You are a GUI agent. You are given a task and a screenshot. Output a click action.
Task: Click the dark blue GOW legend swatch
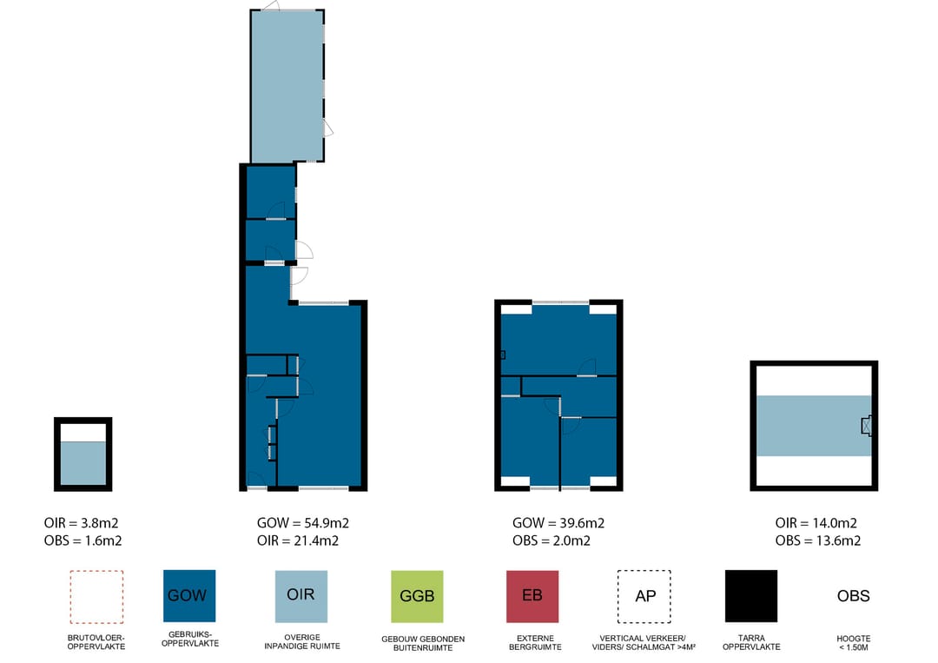pos(189,595)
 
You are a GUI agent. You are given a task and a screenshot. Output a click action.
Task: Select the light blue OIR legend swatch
pos(301,596)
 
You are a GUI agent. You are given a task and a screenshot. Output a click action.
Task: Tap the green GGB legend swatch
pos(417,596)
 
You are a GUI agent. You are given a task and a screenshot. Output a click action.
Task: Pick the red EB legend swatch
pos(532,596)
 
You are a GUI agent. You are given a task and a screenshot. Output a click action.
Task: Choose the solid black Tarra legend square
pos(751,596)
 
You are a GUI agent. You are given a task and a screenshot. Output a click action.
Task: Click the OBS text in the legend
pos(853,596)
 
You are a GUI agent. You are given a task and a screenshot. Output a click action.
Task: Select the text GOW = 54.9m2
pos(303,523)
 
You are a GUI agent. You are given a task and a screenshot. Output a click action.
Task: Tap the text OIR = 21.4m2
pos(298,541)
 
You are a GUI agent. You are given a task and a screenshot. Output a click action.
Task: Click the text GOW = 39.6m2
pos(558,523)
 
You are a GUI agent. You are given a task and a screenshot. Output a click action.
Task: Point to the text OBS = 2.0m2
pos(551,541)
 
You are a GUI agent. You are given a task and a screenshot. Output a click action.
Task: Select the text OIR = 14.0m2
pos(816,523)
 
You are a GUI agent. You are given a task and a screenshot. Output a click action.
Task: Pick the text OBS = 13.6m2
pos(818,541)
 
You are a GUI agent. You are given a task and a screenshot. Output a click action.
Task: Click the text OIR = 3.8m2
pos(81,523)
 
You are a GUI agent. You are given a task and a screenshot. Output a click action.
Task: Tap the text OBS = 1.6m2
pos(83,541)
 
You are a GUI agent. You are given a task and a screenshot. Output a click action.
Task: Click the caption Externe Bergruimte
pos(535,643)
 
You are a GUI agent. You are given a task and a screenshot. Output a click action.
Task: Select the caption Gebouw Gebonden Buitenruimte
pos(423,643)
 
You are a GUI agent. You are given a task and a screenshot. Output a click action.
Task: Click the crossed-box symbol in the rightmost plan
pos(866,426)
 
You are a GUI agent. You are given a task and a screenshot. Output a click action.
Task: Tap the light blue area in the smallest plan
pos(83,463)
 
